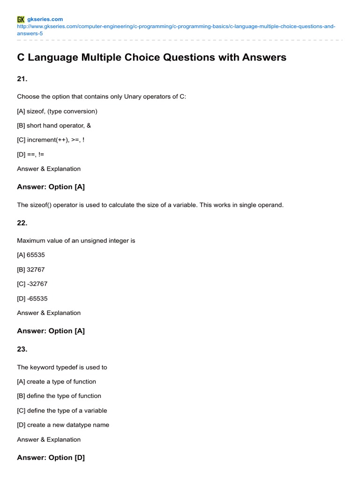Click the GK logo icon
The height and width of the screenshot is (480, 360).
[21, 19]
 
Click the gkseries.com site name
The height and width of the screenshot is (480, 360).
[45, 19]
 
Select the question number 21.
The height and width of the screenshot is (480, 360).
[22, 79]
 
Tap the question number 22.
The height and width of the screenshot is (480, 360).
[22, 223]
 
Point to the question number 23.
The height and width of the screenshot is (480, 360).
[22, 349]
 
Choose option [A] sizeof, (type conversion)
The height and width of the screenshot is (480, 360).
[57, 111]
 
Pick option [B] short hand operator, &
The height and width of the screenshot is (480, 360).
[54, 126]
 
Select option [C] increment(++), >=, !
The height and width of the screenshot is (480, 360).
[51, 140]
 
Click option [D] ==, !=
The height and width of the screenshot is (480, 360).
[30, 154]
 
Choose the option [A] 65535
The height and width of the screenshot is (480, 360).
[31, 255]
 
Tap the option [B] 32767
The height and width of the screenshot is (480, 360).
[31, 270]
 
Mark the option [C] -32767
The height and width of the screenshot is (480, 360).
[32, 284]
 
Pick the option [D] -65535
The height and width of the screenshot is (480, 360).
[32, 298]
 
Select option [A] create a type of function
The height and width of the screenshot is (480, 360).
[56, 382]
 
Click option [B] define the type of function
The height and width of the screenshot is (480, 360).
[59, 396]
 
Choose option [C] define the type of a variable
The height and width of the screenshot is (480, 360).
[62, 410]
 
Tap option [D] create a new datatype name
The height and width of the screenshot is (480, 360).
[63, 425]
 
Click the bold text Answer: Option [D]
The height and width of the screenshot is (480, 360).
[51, 457]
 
